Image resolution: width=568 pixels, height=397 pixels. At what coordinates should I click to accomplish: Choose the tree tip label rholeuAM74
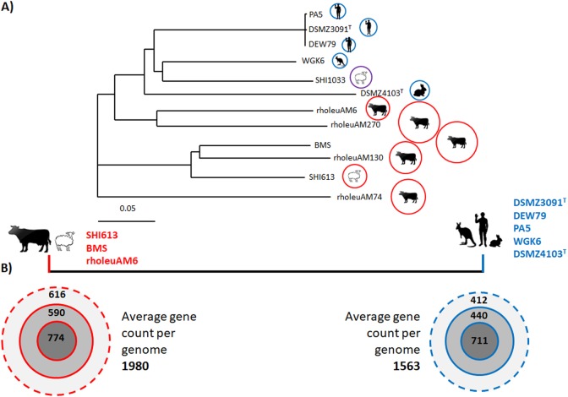(x=356, y=198)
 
